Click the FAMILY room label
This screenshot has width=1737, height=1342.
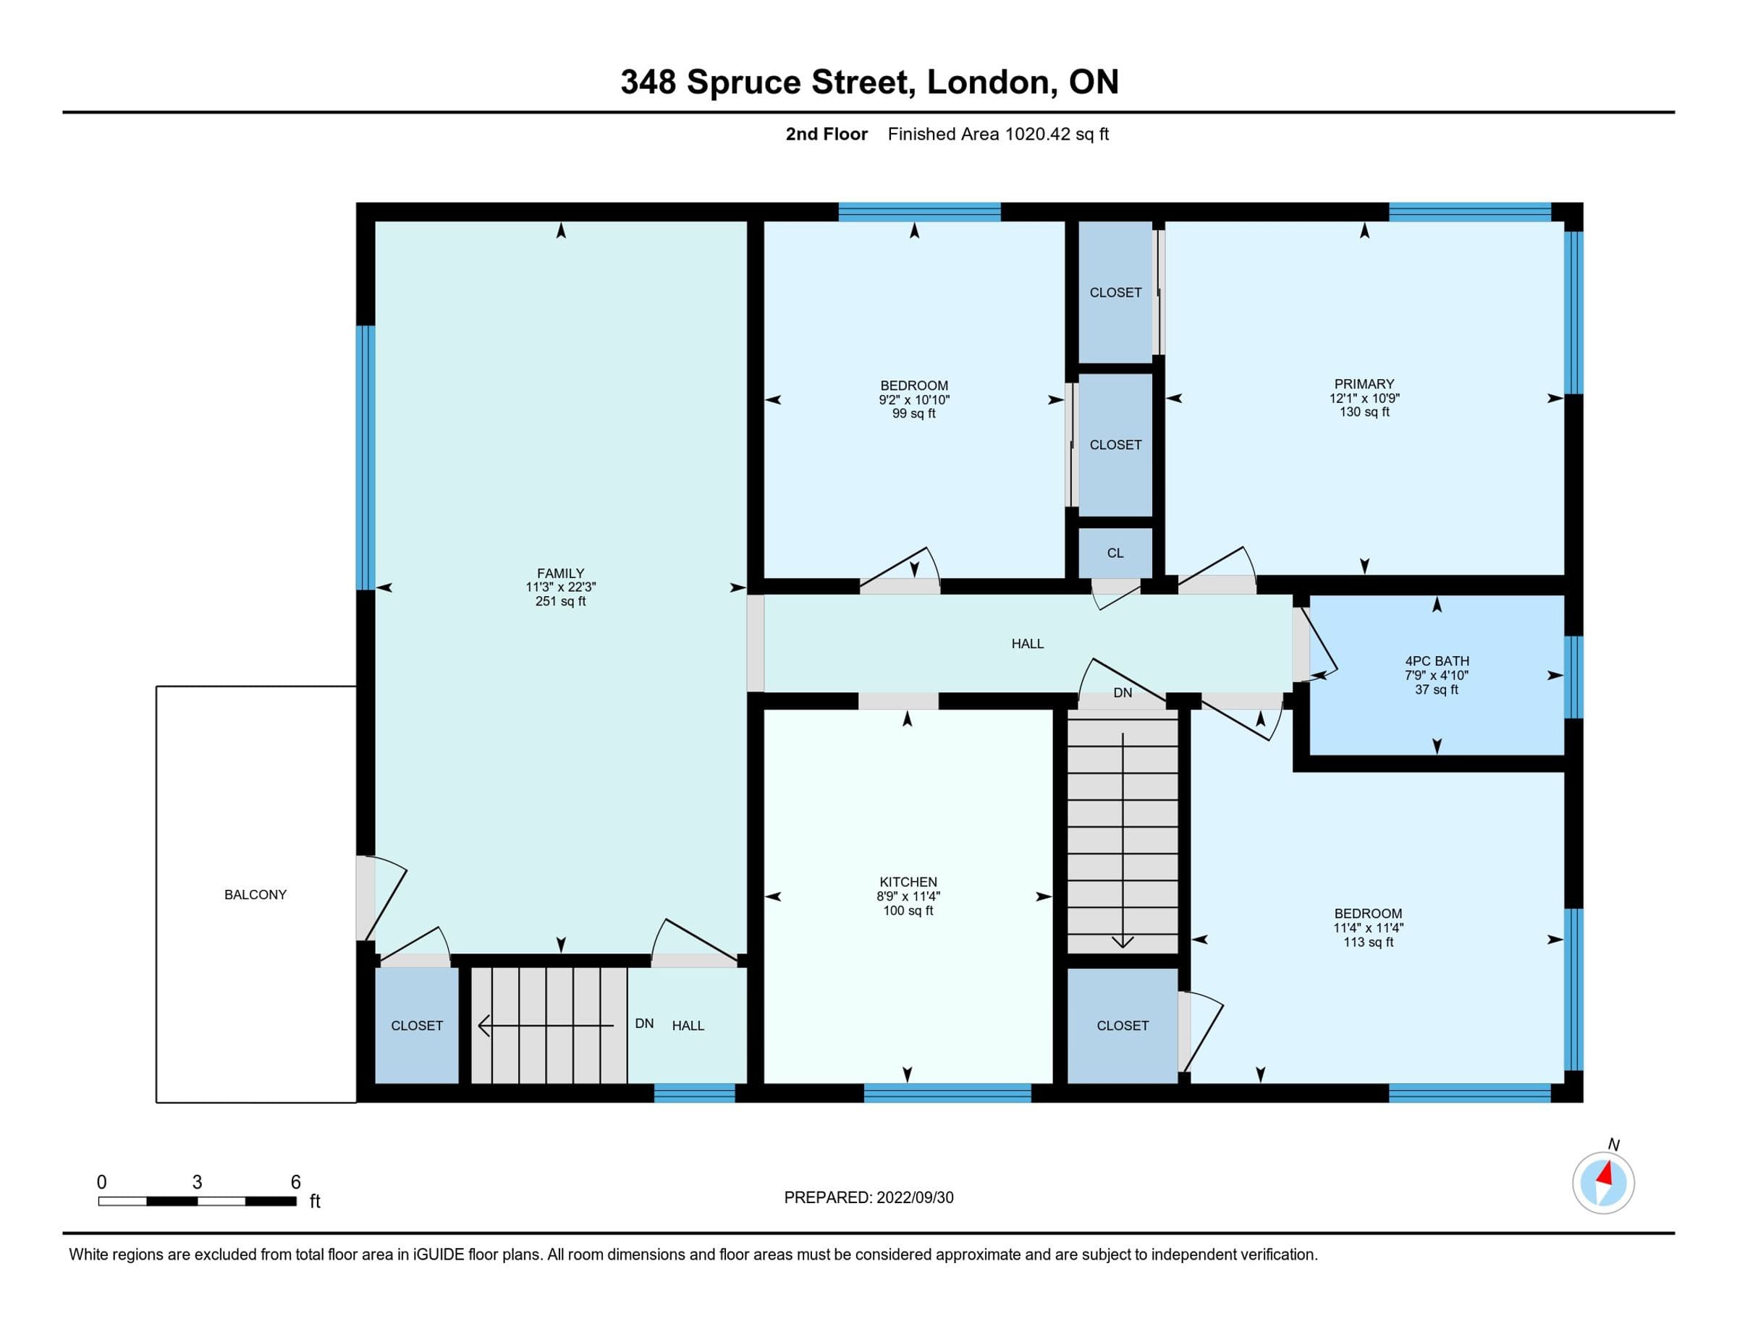click(561, 573)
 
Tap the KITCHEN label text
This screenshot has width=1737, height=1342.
click(908, 882)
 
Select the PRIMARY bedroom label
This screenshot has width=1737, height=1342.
click(1364, 384)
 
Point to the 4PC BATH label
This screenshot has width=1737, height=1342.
click(1437, 661)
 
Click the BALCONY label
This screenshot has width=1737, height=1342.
click(255, 894)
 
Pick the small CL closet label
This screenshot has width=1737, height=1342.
click(1115, 553)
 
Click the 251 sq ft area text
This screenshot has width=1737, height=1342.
click(561, 602)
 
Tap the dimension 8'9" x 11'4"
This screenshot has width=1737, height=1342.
click(908, 896)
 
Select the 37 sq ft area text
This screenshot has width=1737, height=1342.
click(1437, 689)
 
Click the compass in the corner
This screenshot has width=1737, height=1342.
click(1603, 1182)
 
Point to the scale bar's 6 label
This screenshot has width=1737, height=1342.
click(296, 1182)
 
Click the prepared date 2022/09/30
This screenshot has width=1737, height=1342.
click(915, 1197)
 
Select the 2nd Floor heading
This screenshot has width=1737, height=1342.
click(827, 135)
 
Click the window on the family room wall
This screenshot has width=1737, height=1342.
click(365, 457)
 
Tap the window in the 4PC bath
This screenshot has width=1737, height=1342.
click(1573, 676)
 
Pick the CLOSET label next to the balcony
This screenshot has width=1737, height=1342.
click(417, 1026)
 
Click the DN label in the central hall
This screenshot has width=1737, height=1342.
click(1123, 693)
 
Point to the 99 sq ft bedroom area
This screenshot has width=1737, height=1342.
click(914, 413)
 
